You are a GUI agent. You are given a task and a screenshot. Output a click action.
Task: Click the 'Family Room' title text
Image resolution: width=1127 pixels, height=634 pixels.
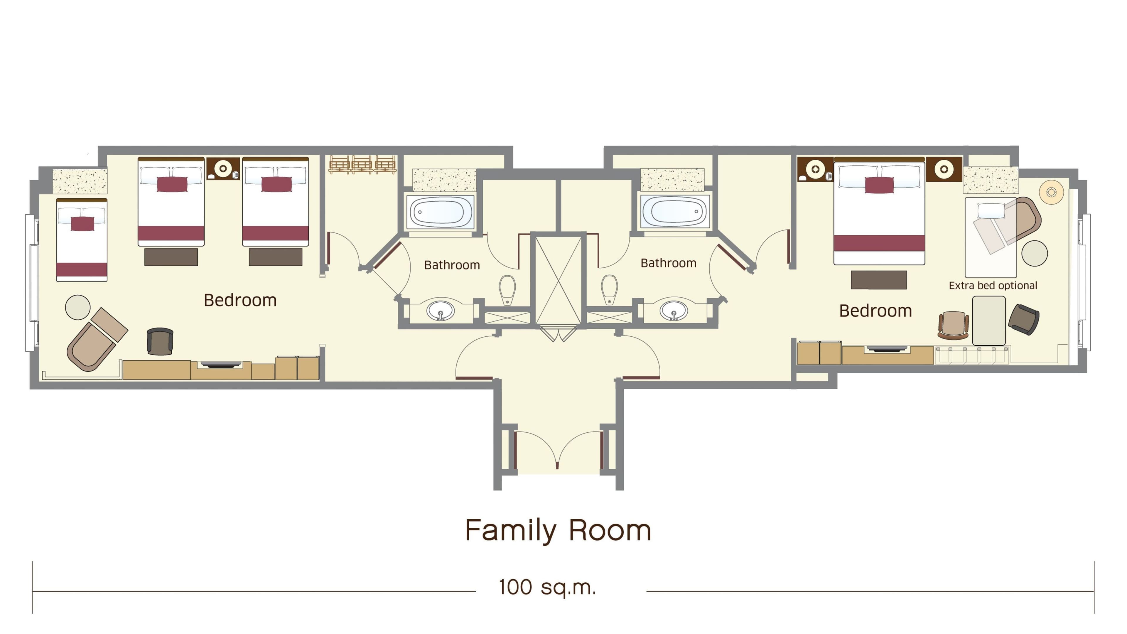[558, 531]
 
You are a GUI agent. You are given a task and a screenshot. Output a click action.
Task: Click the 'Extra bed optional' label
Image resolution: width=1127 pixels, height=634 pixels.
[993, 286]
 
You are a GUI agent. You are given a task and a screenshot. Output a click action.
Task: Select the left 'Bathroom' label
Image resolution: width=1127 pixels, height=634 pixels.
[452, 265]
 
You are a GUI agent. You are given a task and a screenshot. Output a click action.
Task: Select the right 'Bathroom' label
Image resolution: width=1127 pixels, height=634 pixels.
[668, 263]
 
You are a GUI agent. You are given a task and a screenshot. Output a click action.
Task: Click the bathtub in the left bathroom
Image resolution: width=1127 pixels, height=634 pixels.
[440, 212]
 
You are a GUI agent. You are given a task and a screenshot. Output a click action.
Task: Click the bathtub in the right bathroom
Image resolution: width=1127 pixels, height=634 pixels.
[674, 211]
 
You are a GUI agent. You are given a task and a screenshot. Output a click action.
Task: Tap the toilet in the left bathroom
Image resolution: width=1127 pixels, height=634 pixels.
[507, 289]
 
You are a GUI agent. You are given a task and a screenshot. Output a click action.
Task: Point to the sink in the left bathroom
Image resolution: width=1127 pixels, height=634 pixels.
[441, 311]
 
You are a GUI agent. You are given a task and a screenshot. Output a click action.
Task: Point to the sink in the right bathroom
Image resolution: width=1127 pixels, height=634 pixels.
[674, 310]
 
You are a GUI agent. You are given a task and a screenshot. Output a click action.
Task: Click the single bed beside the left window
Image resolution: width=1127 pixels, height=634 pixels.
[82, 240]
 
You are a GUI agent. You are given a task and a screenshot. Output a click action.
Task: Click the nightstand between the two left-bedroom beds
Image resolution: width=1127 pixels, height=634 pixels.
[223, 168]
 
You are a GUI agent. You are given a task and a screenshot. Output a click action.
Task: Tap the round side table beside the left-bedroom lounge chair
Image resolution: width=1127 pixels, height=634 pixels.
[78, 307]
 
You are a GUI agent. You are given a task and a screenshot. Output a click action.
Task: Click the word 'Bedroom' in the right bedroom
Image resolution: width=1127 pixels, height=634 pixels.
[875, 311]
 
